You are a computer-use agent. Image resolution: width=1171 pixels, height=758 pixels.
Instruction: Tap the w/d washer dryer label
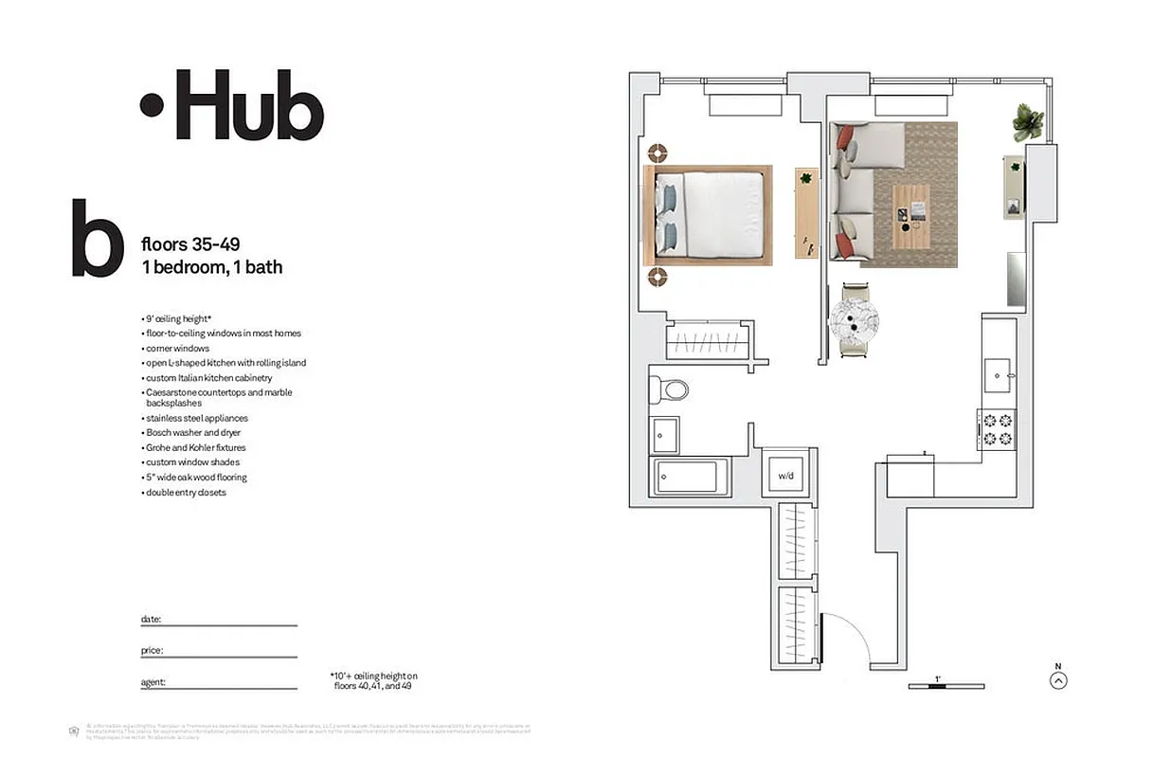click(785, 475)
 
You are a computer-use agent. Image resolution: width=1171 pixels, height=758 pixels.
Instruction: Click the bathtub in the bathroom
click(690, 477)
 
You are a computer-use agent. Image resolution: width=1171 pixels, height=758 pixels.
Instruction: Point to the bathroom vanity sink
click(665, 435)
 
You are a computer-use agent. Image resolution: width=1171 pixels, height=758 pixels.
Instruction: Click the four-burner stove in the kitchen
click(998, 428)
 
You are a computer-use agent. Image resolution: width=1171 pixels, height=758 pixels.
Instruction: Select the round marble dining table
click(856, 320)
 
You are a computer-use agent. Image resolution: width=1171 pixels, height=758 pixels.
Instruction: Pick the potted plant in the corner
click(1028, 121)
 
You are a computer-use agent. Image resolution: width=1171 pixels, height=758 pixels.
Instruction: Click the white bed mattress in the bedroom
click(722, 214)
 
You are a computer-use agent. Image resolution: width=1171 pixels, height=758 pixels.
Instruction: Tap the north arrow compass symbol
click(1058, 679)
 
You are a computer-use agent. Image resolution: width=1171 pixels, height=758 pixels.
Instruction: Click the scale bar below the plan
click(946, 686)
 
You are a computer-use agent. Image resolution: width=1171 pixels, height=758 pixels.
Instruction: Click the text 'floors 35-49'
click(189, 246)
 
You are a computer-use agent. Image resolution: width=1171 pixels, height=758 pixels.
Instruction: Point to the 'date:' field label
click(151, 620)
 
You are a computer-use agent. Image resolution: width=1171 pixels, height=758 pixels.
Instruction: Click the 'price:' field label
click(152, 651)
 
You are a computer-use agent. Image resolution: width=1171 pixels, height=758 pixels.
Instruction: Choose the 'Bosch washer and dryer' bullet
click(193, 433)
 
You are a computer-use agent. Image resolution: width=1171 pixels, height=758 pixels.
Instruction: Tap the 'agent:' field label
click(153, 682)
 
